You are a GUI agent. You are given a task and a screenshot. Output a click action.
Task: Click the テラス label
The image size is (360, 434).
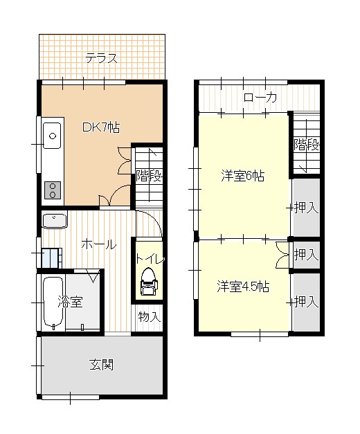point(101,58)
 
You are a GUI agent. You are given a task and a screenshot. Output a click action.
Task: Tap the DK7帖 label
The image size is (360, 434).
point(101,127)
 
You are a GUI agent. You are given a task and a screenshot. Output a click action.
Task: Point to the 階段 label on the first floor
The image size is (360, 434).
point(148,176)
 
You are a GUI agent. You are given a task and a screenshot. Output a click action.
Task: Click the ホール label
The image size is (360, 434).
point(98,244)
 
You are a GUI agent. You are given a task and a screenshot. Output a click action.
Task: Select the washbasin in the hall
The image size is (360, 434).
point(54,221)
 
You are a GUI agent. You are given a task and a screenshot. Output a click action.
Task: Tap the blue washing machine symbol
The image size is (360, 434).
point(51,257)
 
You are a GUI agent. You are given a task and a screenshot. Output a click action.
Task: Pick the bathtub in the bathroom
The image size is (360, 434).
point(53,303)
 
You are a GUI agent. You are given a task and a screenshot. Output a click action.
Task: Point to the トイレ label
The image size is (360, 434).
point(150,259)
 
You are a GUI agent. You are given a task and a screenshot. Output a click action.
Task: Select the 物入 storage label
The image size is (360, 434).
point(149,317)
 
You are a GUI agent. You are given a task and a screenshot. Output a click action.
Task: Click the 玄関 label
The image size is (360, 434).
point(101,365)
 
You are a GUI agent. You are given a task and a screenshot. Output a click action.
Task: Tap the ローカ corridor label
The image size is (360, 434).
point(260,98)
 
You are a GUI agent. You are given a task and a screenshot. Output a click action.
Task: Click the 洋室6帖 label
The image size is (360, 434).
point(242,175)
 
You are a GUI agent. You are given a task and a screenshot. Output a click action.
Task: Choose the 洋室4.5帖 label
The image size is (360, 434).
point(242,286)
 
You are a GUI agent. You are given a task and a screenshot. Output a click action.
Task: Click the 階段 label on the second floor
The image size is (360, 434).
point(306,145)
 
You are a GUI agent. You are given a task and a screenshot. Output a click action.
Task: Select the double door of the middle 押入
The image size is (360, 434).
point(282,255)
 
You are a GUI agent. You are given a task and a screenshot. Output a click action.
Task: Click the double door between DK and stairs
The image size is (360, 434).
point(125,161)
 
